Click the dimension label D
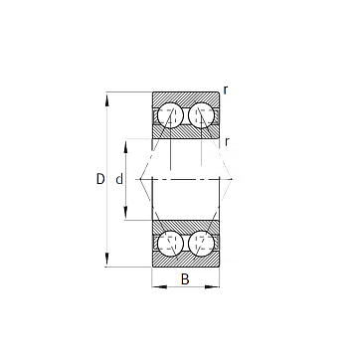(x=100, y=179)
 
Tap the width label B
(x=185, y=279)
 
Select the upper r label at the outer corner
(x=226, y=90)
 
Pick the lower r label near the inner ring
(x=227, y=142)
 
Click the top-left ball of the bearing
(x=170, y=114)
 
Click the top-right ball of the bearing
(x=201, y=114)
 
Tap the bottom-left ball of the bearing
(x=170, y=244)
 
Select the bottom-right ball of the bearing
(x=201, y=244)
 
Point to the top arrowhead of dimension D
(x=106, y=99)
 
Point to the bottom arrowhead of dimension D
(x=106, y=260)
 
